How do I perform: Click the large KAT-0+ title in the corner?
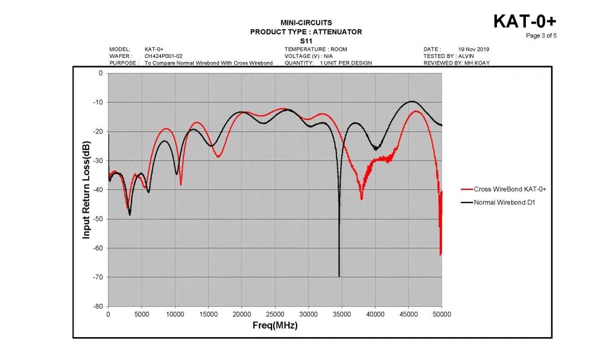pyautogui.click(x=524, y=22)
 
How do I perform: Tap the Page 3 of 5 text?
pyautogui.click(x=541, y=36)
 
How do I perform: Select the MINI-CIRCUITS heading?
pyautogui.click(x=306, y=23)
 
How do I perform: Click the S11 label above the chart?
pyautogui.click(x=306, y=40)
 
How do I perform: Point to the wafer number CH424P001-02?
pyautogui.click(x=163, y=56)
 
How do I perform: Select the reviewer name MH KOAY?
pyautogui.click(x=476, y=63)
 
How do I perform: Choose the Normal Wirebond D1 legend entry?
pyautogui.click(x=505, y=202)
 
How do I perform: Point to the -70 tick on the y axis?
pyautogui.click(x=96, y=277)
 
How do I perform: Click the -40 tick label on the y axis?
pyautogui.click(x=96, y=190)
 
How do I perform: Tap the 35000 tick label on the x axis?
pyautogui.click(x=342, y=315)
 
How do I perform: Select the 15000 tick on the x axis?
pyautogui.click(x=208, y=315)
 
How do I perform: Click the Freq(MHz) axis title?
pyautogui.click(x=274, y=326)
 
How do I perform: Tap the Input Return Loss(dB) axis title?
pyautogui.click(x=86, y=190)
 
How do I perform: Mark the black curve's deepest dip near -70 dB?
pyautogui.click(x=339, y=276)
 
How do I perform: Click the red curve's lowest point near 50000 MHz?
pyautogui.click(x=441, y=254)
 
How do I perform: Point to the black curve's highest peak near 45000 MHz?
pyautogui.click(x=412, y=101)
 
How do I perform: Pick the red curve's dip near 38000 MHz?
pyautogui.click(x=361, y=198)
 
